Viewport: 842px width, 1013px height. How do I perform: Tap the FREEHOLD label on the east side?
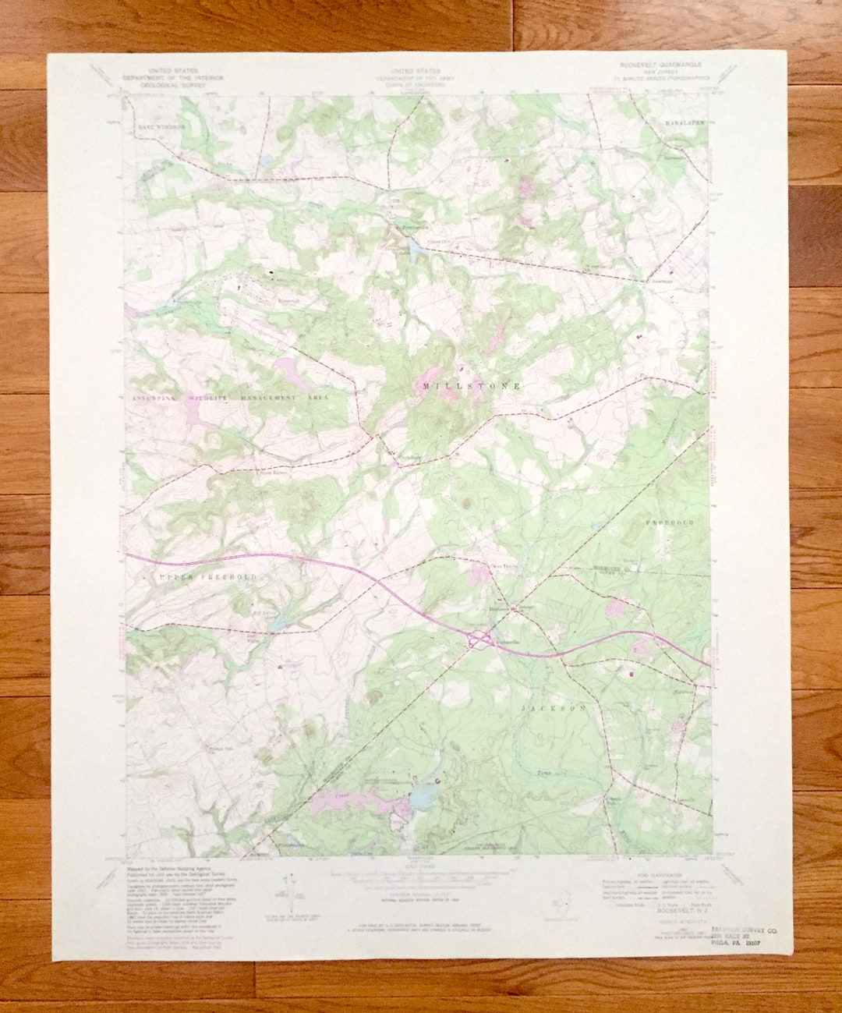pos(669,522)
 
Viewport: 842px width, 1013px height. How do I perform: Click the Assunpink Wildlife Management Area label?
pos(226,398)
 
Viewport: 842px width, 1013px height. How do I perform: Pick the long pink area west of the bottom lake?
pos(343,800)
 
